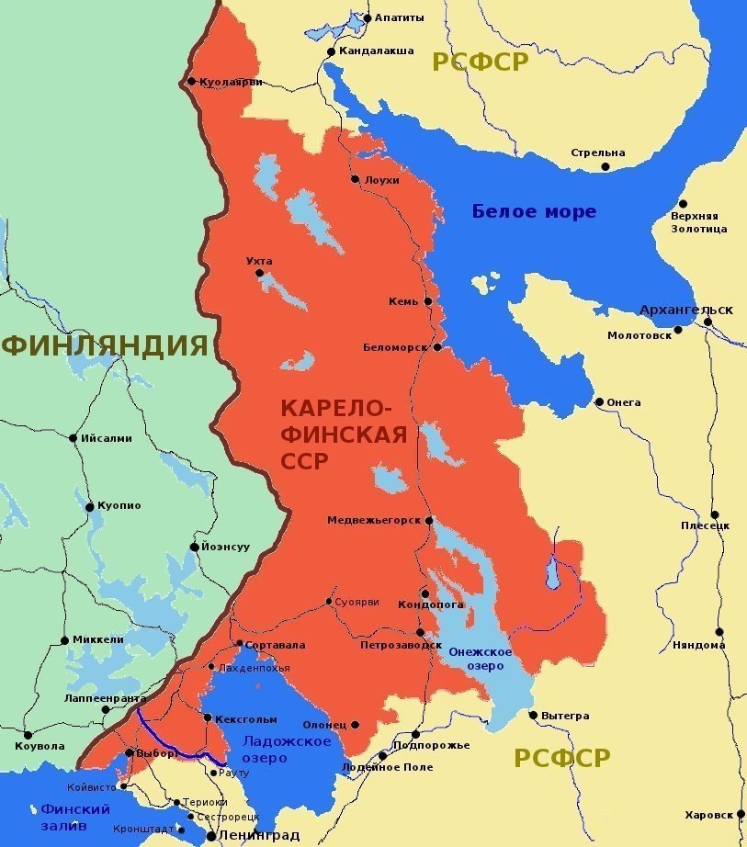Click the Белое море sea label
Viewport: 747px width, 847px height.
point(534,211)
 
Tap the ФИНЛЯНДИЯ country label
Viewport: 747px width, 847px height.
point(104,345)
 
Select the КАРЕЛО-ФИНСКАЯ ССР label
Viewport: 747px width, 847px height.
point(343,435)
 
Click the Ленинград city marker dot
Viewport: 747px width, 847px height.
point(211,835)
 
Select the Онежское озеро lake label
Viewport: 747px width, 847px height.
point(481,658)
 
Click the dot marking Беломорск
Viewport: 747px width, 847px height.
point(438,347)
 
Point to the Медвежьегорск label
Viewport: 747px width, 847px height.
point(373,520)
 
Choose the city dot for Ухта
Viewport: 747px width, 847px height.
point(260,273)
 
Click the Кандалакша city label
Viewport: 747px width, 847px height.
point(376,51)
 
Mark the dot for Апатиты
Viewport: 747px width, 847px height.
point(368,17)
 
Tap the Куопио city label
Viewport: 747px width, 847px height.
point(119,506)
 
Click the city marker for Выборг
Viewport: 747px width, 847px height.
point(130,753)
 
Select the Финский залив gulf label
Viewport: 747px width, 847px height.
point(75,817)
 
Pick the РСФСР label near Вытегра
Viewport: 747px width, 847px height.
point(561,758)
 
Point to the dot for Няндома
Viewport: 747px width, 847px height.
point(719,632)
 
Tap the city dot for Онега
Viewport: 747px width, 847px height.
point(599,402)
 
